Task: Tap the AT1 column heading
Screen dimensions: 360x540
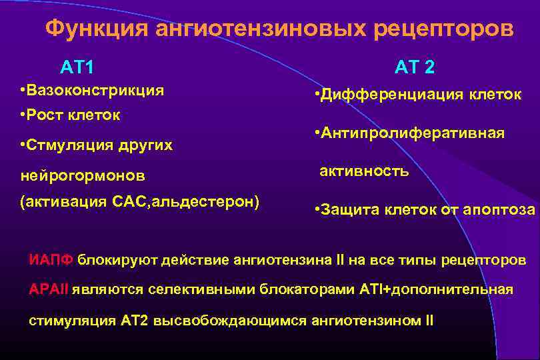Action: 77,67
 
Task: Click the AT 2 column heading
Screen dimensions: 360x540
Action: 415,67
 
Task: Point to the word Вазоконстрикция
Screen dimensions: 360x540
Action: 95,90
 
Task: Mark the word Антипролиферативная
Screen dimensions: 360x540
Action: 413,134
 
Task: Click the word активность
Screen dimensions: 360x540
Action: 364,171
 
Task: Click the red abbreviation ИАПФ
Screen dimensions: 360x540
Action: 51,259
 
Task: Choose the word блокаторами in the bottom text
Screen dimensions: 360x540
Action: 289,290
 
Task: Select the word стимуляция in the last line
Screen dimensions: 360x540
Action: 73,321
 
